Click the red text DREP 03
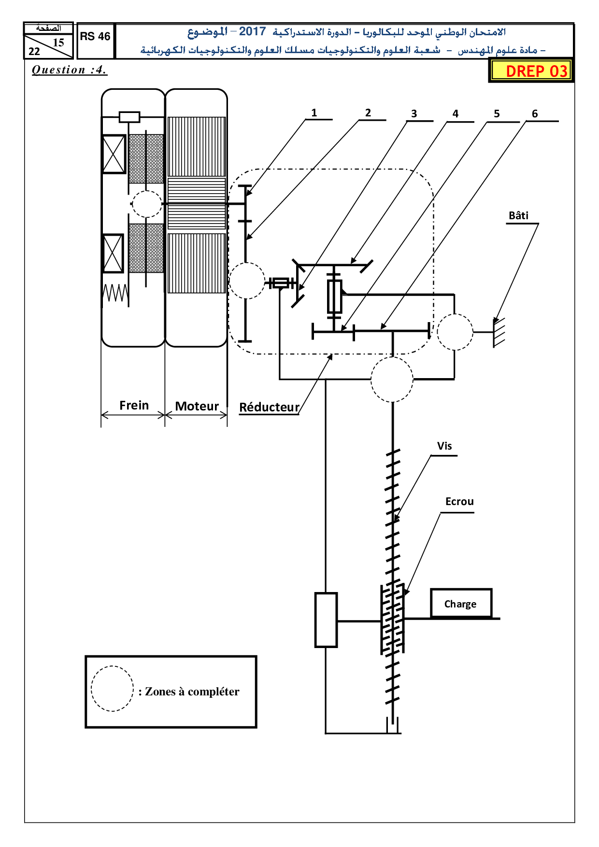(x=536, y=71)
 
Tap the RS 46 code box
(x=95, y=41)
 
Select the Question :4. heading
(x=69, y=70)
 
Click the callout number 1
(x=314, y=113)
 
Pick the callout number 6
(x=535, y=114)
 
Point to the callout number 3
(x=414, y=114)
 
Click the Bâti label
(x=518, y=215)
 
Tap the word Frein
(x=134, y=405)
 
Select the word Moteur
(x=197, y=406)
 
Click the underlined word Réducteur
(x=269, y=408)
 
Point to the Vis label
(x=444, y=446)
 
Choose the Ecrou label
(x=459, y=502)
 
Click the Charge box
(x=461, y=603)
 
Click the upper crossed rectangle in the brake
(x=114, y=154)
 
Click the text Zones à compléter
(x=192, y=692)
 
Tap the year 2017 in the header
(x=252, y=32)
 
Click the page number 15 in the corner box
(x=58, y=42)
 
